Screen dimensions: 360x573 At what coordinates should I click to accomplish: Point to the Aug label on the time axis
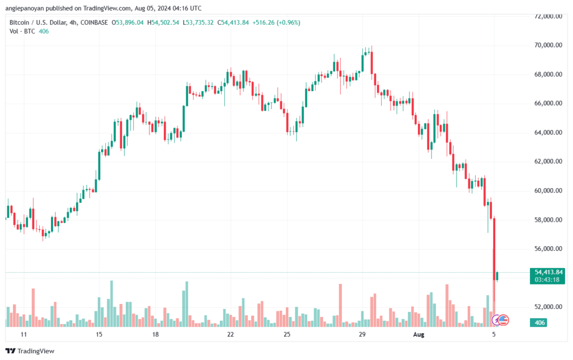click(x=419, y=335)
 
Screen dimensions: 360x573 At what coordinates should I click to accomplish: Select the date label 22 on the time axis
click(x=230, y=335)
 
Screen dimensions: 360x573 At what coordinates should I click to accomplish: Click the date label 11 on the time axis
click(x=23, y=335)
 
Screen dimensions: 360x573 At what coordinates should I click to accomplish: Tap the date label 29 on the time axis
click(x=362, y=335)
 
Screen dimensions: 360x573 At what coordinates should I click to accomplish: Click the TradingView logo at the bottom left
click(x=32, y=351)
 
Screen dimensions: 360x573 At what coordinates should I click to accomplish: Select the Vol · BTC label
click(x=21, y=31)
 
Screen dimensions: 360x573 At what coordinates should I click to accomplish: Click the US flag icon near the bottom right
click(x=502, y=320)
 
